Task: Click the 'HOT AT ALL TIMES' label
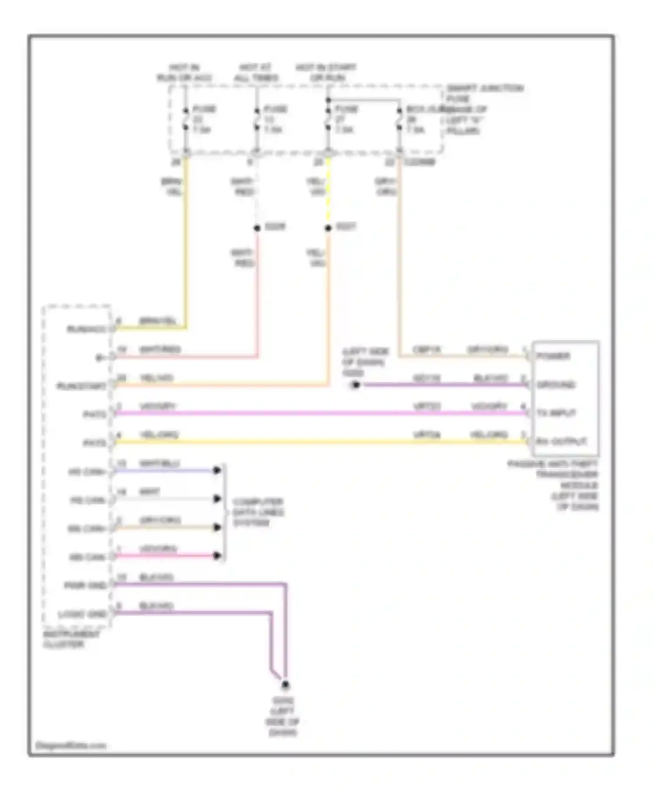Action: [256, 73]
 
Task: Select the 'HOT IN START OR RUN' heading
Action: [326, 73]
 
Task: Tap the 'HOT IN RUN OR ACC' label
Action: [184, 73]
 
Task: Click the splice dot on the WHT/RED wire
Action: [257, 228]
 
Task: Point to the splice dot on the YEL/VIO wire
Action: [328, 228]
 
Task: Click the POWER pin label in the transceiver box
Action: [553, 356]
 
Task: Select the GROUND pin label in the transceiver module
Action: [556, 385]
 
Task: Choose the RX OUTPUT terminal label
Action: [561, 442]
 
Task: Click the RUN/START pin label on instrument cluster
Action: [82, 386]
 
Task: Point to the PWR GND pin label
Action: [85, 586]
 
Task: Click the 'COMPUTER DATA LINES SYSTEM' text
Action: [258, 512]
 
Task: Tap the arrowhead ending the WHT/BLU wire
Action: [217, 470]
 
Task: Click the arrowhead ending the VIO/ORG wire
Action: [217, 556]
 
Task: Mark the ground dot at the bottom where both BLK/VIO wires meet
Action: [285, 685]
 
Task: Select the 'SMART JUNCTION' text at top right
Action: [485, 89]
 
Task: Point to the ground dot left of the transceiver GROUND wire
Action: [356, 385]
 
